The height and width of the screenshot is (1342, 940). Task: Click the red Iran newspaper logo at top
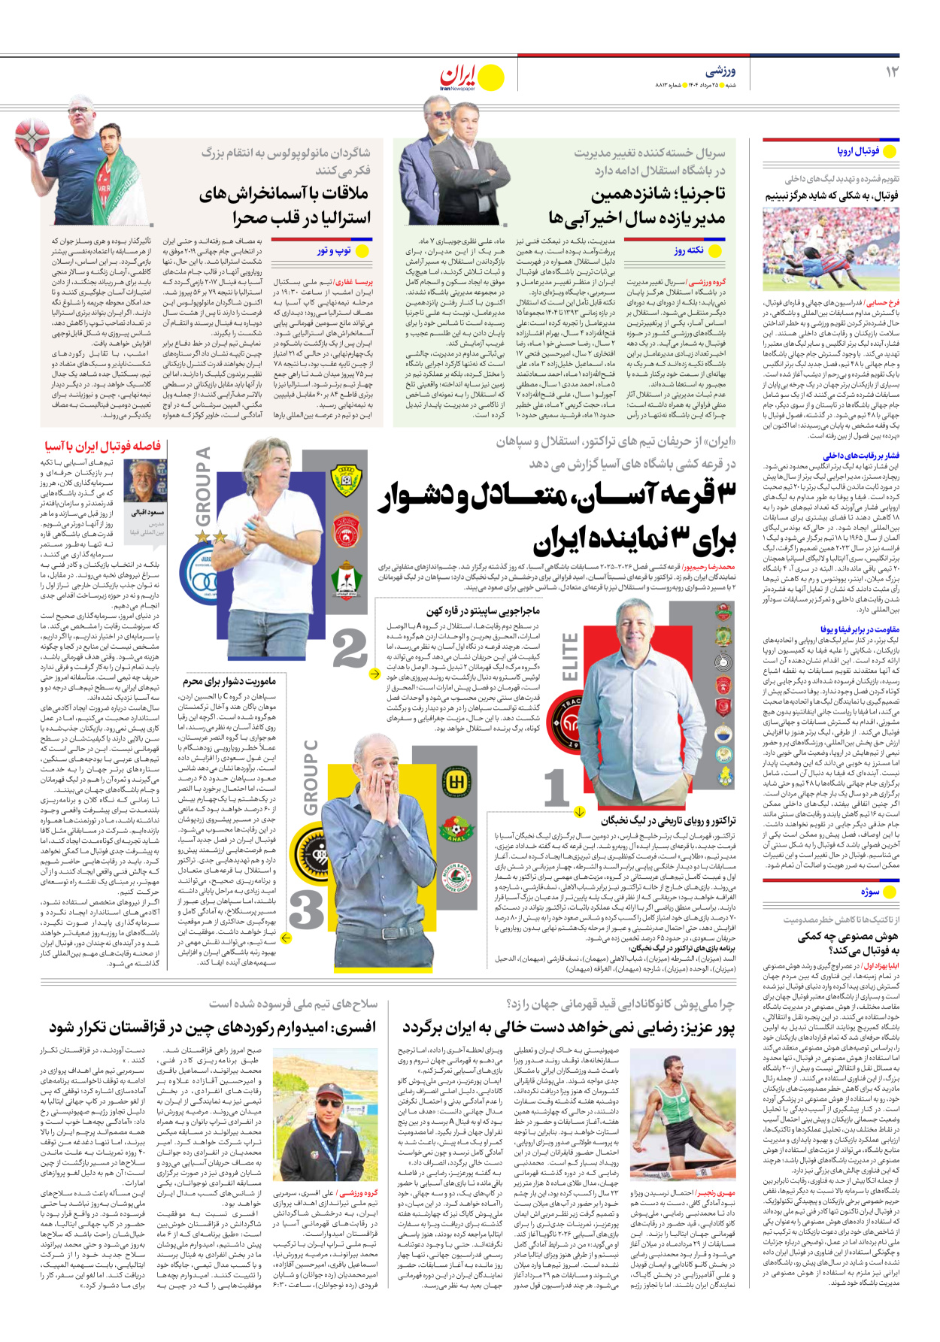point(459,77)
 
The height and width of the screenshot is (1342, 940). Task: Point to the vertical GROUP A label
point(202,486)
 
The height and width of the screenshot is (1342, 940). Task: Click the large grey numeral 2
point(350,648)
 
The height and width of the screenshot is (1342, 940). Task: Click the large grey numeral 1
point(556,788)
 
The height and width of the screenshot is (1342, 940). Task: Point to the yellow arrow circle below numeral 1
point(580,811)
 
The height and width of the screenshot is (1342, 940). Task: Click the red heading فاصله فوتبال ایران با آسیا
point(103,446)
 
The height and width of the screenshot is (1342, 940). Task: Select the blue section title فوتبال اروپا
point(858,151)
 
